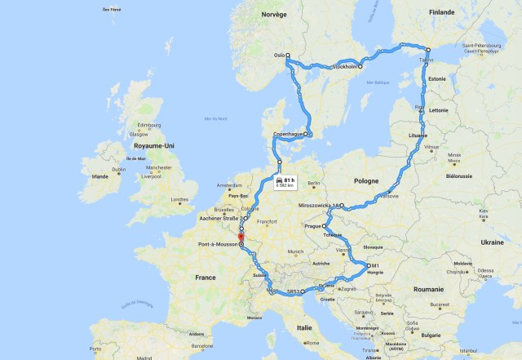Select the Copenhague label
[288, 133]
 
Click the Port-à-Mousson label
[217, 243]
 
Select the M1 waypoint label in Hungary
[375, 266]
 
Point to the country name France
[205, 278]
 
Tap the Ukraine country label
[492, 242]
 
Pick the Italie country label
[303, 327]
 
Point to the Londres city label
[179, 199]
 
